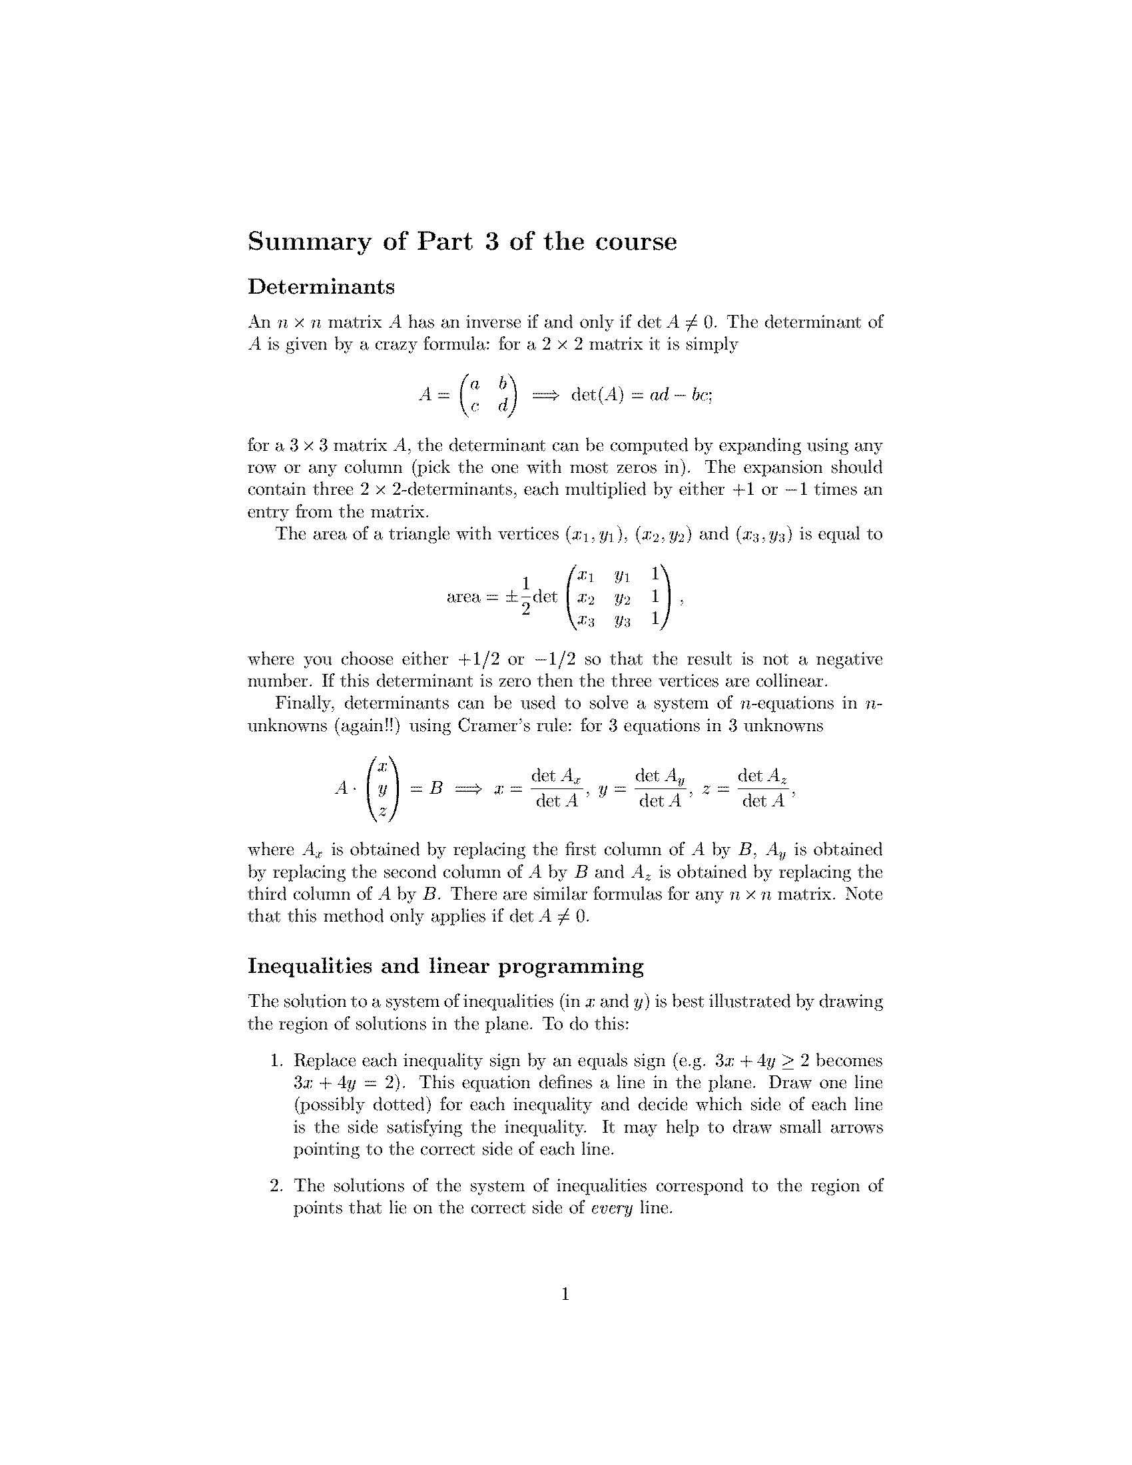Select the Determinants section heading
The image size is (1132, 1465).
[321, 287]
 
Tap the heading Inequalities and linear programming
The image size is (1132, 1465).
[445, 966]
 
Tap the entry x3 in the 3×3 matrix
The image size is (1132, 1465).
[586, 620]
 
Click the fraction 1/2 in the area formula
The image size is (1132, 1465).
[527, 596]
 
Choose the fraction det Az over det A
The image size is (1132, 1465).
[762, 788]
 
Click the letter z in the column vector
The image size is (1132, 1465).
[382, 811]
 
